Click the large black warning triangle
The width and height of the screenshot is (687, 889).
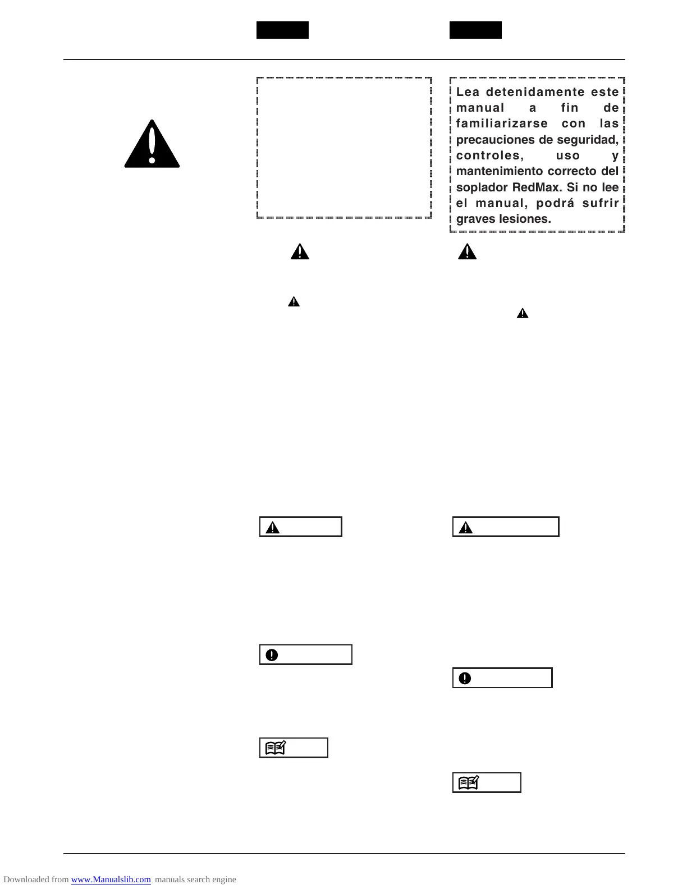(x=152, y=145)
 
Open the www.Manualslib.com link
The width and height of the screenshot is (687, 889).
(x=111, y=879)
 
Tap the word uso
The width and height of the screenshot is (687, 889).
(x=568, y=155)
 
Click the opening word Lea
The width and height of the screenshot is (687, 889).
(x=468, y=92)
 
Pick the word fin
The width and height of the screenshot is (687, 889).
(x=570, y=108)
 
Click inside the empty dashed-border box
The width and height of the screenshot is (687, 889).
(x=343, y=148)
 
